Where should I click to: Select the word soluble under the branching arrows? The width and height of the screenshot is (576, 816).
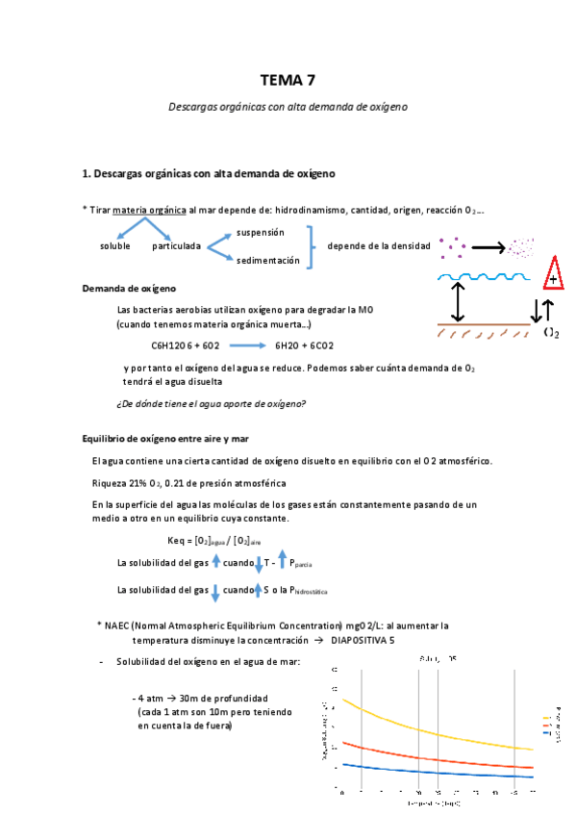[x=114, y=246]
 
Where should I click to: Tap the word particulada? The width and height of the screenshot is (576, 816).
[x=176, y=246]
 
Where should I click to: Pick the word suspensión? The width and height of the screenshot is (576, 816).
[x=260, y=233]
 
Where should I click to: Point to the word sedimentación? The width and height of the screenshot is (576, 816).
[x=267, y=260]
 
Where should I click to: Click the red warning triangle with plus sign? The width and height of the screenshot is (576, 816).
[x=554, y=274]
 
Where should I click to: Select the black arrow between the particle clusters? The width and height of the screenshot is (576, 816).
[x=487, y=247]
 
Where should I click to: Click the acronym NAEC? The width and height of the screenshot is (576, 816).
[x=119, y=625]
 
